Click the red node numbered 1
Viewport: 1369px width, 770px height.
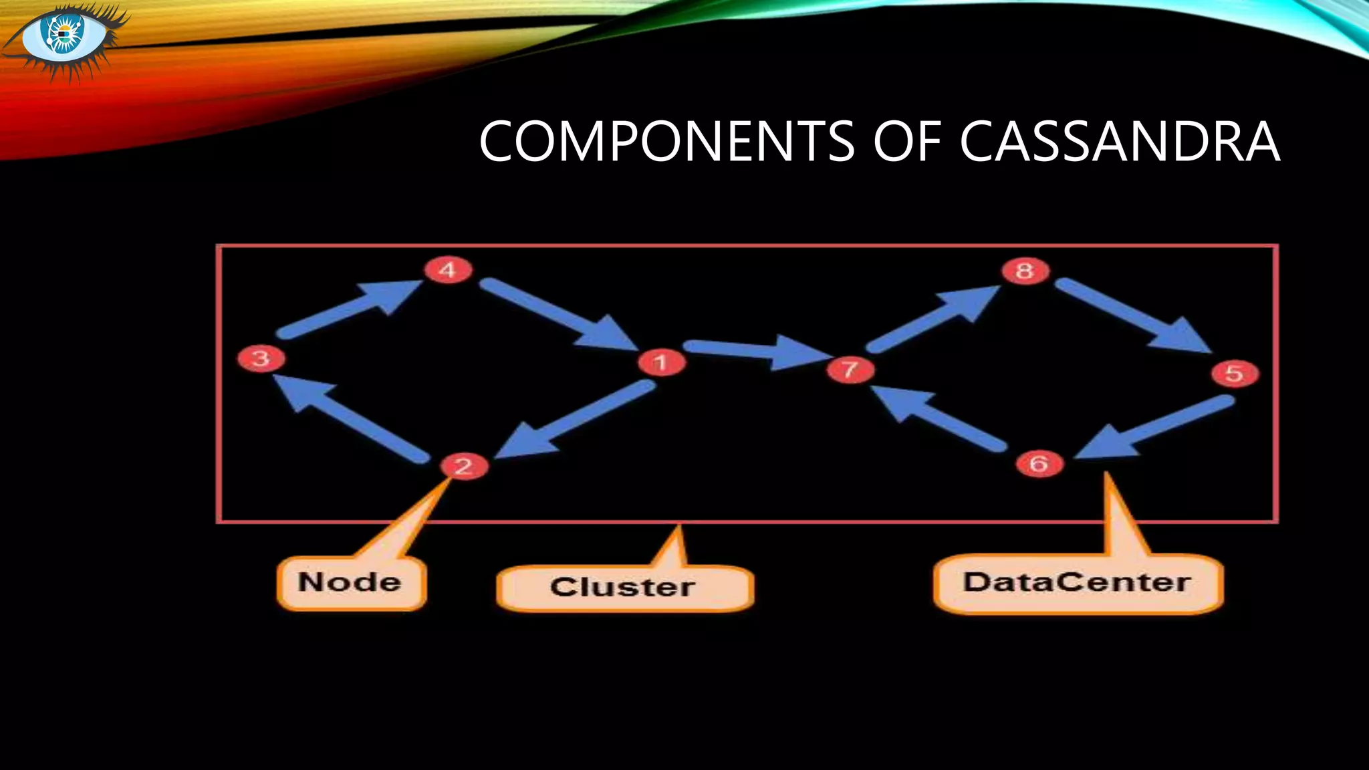coord(661,363)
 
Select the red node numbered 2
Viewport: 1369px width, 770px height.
coord(464,466)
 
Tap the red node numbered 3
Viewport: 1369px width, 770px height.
coord(261,358)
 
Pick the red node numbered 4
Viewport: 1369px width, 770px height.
coord(448,270)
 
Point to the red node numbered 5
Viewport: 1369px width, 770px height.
coord(1235,373)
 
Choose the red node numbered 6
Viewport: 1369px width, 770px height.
coord(1039,463)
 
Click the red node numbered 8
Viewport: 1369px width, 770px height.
coord(1025,271)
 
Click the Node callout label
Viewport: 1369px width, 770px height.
coord(351,583)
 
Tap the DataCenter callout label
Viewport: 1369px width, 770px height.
coord(1078,583)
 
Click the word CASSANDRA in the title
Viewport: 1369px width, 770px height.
coord(1120,142)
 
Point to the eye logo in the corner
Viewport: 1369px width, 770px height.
coord(65,37)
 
